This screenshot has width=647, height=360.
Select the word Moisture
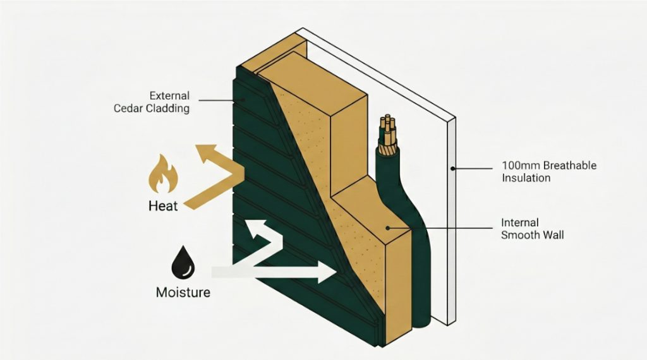click(x=183, y=292)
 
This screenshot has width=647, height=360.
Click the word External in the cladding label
click(x=169, y=96)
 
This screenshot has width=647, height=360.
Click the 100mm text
click(x=517, y=165)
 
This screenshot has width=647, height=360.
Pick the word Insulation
click(x=526, y=177)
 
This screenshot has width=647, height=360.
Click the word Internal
click(x=519, y=223)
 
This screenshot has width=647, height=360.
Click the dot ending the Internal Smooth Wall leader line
click(x=387, y=229)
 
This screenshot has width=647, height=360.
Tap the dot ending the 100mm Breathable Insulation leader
click(x=453, y=168)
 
